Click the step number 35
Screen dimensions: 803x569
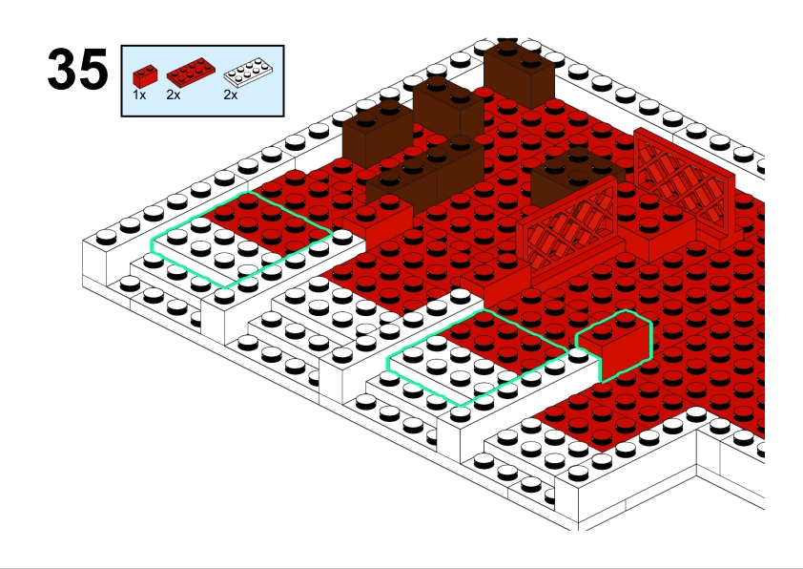[78, 69]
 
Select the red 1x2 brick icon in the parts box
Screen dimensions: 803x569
[145, 75]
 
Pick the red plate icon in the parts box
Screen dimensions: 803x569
[191, 73]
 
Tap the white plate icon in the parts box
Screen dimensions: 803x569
[248, 73]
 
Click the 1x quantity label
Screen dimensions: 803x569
[139, 95]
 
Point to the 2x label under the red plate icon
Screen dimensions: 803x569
[174, 95]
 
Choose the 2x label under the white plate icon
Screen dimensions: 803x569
[231, 95]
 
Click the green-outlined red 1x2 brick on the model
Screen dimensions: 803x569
[614, 346]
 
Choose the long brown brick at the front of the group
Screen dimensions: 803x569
[425, 177]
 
